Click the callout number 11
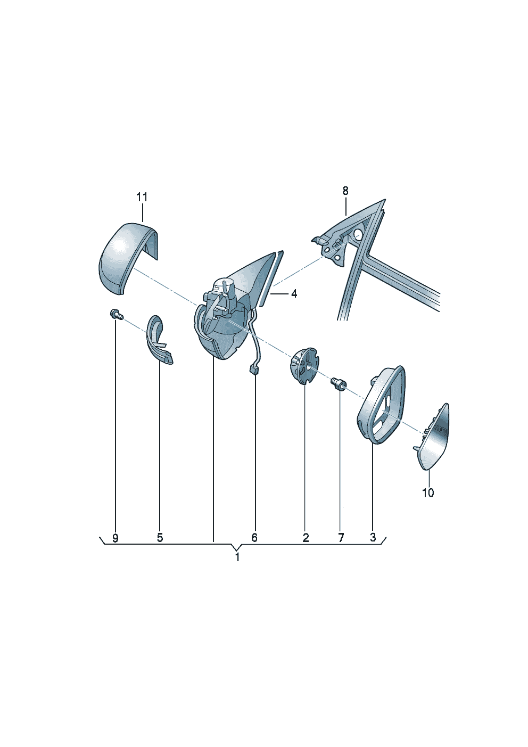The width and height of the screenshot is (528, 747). click(x=142, y=197)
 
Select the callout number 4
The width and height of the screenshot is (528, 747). click(x=294, y=294)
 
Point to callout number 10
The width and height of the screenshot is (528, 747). click(x=428, y=492)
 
